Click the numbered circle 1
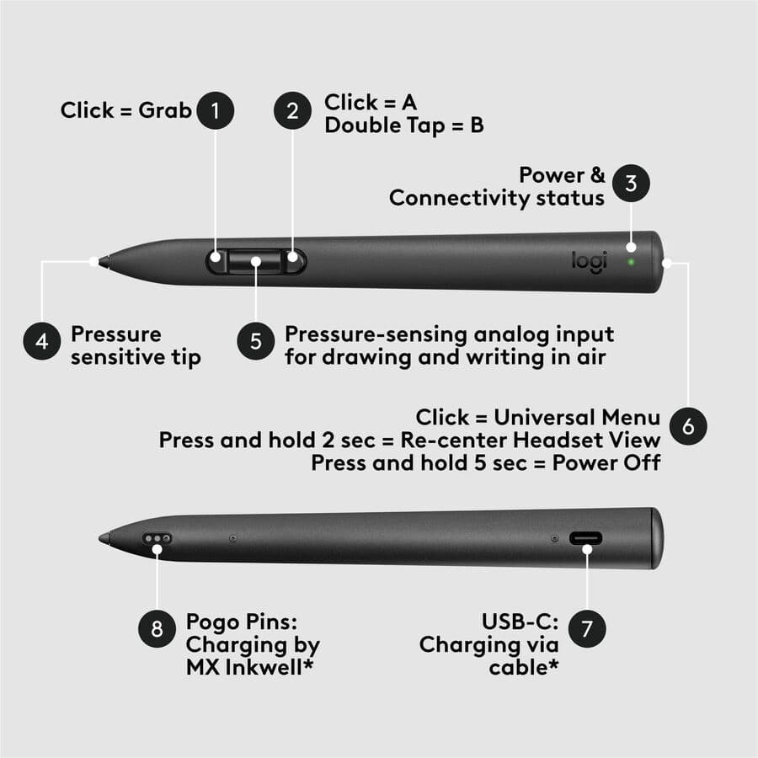[216, 110]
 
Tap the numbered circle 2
[292, 112]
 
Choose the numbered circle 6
[688, 427]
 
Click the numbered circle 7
[587, 629]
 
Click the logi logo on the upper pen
[590, 261]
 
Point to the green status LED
[632, 261]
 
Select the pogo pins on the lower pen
[157, 537]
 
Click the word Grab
[166, 110]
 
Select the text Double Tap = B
[404, 125]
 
